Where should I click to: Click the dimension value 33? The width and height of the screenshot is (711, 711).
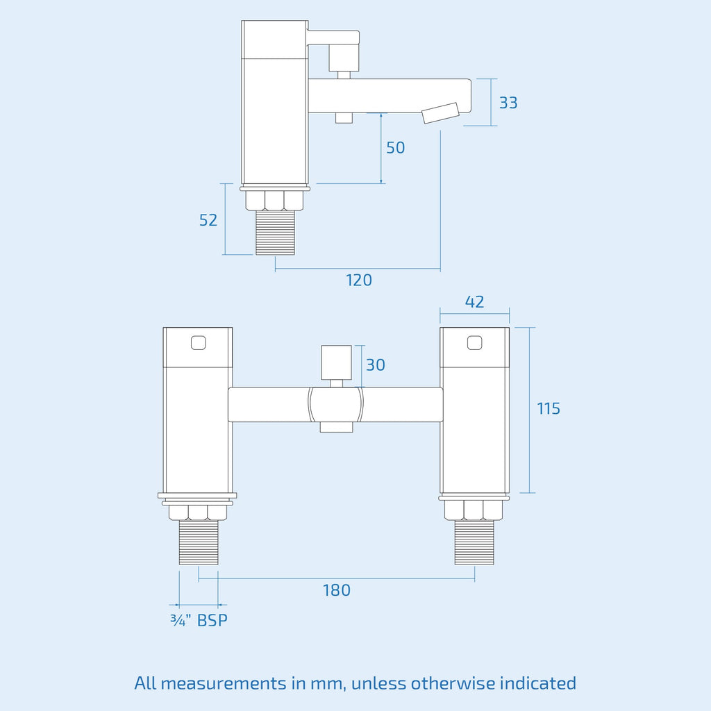click(x=508, y=103)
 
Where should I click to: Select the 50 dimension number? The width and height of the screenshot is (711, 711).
click(x=395, y=148)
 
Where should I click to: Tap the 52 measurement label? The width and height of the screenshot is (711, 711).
click(x=208, y=220)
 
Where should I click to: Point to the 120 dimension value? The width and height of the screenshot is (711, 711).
click(x=359, y=281)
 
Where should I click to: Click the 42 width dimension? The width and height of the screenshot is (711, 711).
click(x=474, y=302)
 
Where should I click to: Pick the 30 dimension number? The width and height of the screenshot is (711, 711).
click(x=376, y=365)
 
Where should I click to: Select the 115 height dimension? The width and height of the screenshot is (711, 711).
click(x=549, y=408)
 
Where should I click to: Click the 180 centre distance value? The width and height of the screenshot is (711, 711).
click(x=337, y=590)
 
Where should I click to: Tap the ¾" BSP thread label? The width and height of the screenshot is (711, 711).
click(x=199, y=620)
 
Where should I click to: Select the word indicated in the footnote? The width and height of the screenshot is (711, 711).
click(x=538, y=683)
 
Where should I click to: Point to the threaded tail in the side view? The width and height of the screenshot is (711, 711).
click(x=275, y=233)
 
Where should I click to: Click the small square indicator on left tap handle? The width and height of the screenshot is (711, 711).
click(x=198, y=343)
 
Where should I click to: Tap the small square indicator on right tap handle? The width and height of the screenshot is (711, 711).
click(x=475, y=342)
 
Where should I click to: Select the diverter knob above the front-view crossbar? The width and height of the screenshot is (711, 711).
click(x=337, y=362)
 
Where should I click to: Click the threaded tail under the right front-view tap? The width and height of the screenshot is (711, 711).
click(x=474, y=542)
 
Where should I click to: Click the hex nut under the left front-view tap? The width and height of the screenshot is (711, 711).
click(x=198, y=512)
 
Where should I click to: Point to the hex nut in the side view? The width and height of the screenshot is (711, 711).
click(x=274, y=201)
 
